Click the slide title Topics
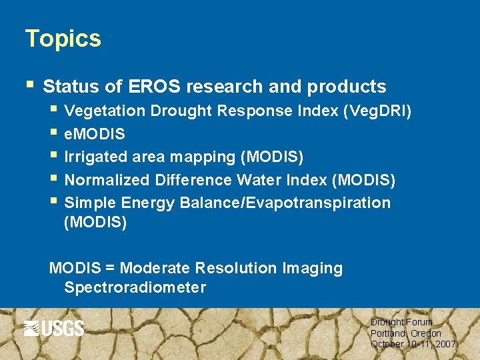pos(63,39)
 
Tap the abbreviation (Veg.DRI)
pos(377,111)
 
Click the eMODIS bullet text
pos(95,134)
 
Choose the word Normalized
pos(107,180)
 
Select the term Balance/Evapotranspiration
pos(285,203)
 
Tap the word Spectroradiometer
pos(135,287)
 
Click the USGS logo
pos(54,328)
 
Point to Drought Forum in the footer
pos(401,322)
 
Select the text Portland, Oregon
pos(406,333)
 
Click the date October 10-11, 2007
pos(413,344)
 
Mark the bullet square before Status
pos(28,85)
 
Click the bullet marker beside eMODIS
pos(53,133)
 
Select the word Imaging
pos(313,269)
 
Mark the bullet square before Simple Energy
pos(53,201)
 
